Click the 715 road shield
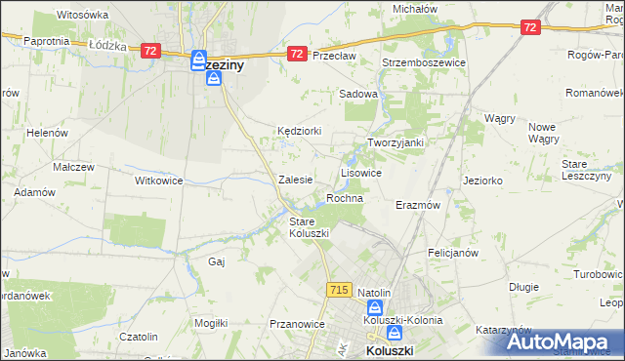click(x=339, y=290)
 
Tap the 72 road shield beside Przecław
click(x=297, y=54)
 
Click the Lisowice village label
click(x=360, y=172)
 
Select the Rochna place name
click(x=345, y=198)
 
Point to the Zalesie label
click(x=295, y=180)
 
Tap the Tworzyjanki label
click(x=395, y=142)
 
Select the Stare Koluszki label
click(x=309, y=227)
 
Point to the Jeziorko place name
click(x=482, y=180)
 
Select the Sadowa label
click(x=357, y=94)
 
